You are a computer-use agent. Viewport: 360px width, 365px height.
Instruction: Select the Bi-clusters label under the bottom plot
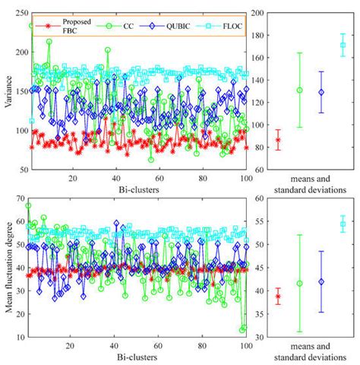coord(138,357)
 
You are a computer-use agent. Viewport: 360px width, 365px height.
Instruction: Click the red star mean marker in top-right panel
coord(278,140)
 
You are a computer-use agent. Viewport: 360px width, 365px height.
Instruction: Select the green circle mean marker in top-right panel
coord(299,90)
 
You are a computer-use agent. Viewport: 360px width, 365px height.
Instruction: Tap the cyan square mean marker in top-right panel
coord(343,45)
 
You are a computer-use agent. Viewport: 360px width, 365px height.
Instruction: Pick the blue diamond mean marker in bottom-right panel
coord(321,281)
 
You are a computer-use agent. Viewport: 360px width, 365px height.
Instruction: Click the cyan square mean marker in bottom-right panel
coord(343,224)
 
